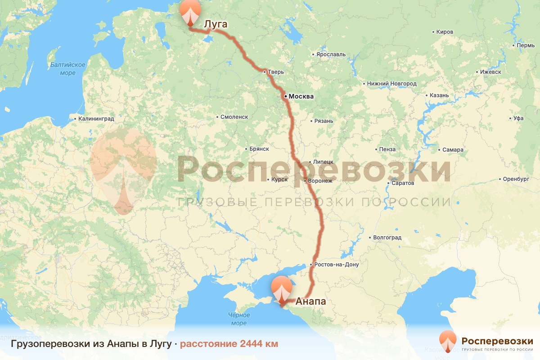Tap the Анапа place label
click(x=310, y=301)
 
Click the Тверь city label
click(x=276, y=72)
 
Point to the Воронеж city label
click(x=320, y=181)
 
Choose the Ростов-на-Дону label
click(x=337, y=265)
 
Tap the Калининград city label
click(x=96, y=119)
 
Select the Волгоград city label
click(x=387, y=238)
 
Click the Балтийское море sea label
click(x=68, y=68)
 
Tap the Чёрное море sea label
click(x=239, y=319)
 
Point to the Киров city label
click(x=445, y=32)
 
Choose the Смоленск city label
click(x=234, y=117)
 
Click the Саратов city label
click(x=403, y=184)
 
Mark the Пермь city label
click(x=526, y=46)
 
